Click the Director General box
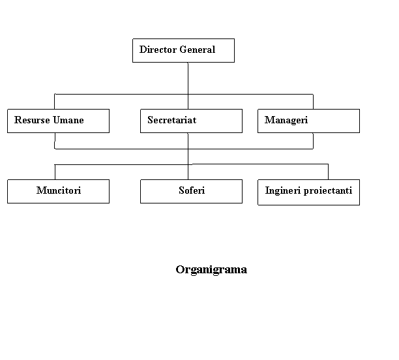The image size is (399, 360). click(183, 51)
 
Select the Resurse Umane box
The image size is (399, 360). click(58, 121)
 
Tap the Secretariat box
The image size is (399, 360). click(191, 121)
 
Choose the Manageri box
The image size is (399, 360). click(308, 121)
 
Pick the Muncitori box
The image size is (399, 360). click(58, 191)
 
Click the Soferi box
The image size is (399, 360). click(191, 191)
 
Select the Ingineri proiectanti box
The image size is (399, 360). click(308, 192)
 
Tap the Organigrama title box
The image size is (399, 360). click(211, 278)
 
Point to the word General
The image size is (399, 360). click(198, 50)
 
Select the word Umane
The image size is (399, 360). click(68, 120)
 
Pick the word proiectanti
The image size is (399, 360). click(328, 191)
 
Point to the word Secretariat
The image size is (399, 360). click(171, 120)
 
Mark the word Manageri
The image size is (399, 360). click(286, 121)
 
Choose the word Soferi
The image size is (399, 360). click(192, 190)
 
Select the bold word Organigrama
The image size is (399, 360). click(211, 269)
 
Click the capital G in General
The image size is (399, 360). click(183, 50)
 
